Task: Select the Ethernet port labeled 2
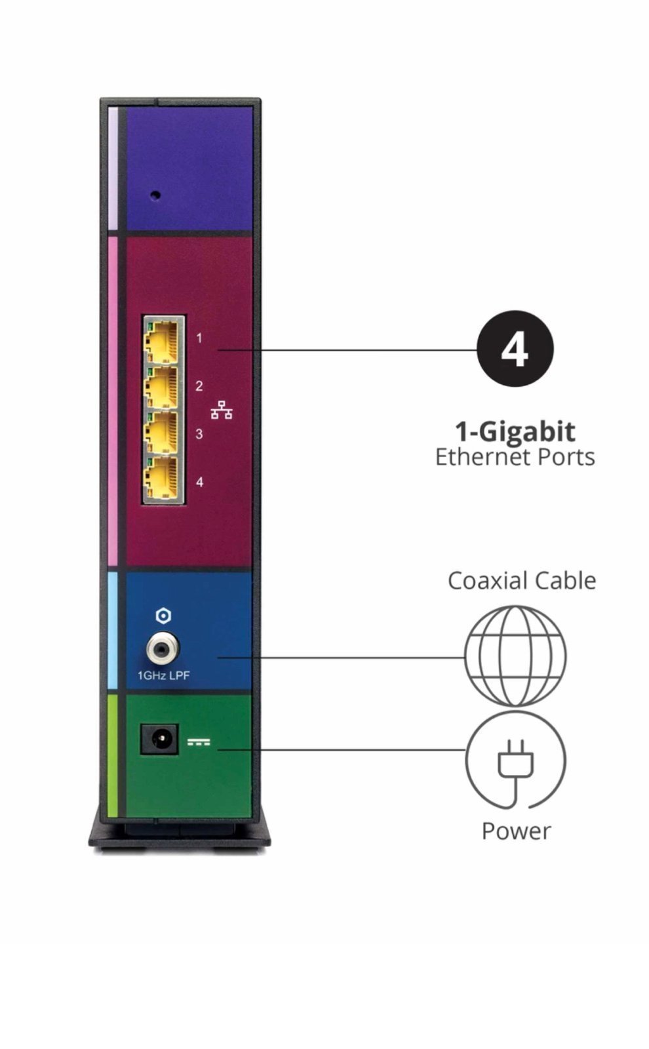[x=162, y=387]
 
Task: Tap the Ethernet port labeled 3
[x=162, y=433]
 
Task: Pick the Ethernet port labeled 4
[x=162, y=479]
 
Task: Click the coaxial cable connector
[x=163, y=649]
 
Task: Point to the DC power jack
[x=160, y=740]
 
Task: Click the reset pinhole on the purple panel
[x=157, y=195]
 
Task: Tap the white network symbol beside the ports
[x=222, y=410]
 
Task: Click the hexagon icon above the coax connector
[x=163, y=616]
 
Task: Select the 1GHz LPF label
[x=163, y=676]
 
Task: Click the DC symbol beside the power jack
[x=199, y=742]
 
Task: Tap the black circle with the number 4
[x=515, y=349]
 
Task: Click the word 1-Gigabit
[x=515, y=432]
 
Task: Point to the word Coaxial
[x=488, y=581]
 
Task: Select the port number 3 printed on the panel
[x=199, y=434]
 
